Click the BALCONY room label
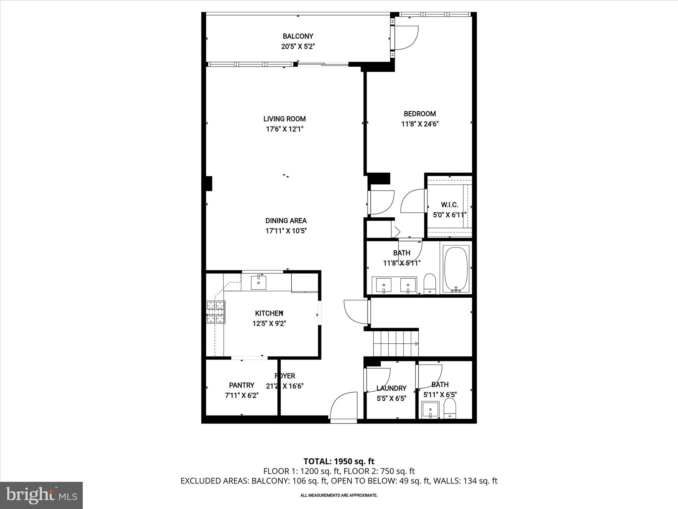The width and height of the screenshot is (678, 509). point(298,36)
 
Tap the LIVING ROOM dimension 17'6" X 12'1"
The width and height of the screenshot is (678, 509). point(285,129)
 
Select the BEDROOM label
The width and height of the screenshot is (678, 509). point(420,114)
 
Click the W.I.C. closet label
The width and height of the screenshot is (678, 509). point(450,205)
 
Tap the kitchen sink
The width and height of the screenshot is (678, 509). point(258,282)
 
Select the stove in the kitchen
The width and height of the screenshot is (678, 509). point(216,312)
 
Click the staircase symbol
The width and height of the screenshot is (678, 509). point(396,344)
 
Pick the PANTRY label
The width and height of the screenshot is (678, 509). point(242,385)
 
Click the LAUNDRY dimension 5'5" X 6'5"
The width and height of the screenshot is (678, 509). point(391,398)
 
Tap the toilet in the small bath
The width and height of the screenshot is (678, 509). point(450,409)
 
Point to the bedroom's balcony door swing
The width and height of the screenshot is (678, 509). point(407,37)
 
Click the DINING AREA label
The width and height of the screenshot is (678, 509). point(286,221)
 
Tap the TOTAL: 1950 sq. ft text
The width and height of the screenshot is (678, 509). point(339,461)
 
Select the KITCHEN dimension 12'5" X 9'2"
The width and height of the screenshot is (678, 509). point(269,323)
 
